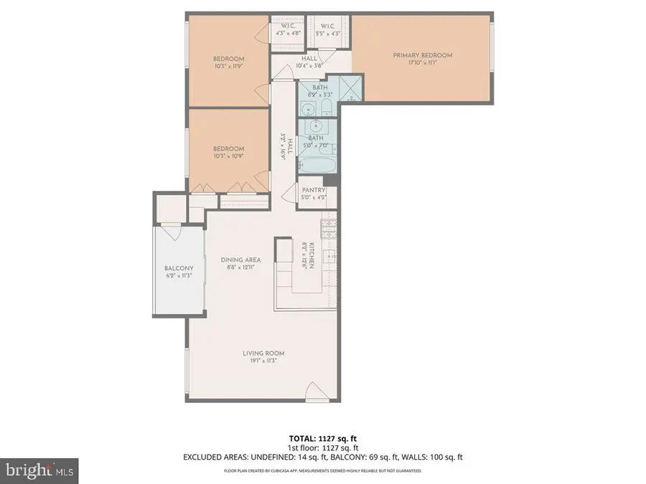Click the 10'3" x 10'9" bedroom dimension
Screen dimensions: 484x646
(x=228, y=156)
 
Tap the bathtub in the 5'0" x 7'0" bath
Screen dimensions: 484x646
(x=317, y=166)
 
